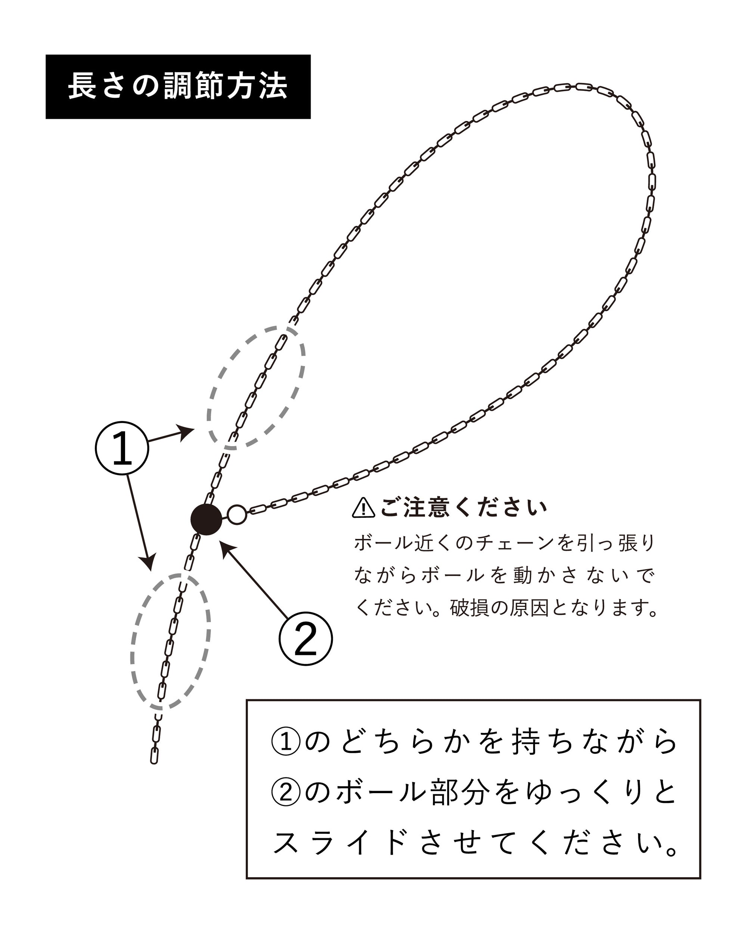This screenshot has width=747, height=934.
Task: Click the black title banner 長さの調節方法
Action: pos(178,87)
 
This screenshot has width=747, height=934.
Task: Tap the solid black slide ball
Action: pos(206,519)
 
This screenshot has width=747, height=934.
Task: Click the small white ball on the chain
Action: pos(237,515)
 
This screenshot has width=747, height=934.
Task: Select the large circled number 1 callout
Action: pos(122,448)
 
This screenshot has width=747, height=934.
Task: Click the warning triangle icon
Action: pos(363,508)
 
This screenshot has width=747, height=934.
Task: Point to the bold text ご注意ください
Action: pos(464,507)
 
